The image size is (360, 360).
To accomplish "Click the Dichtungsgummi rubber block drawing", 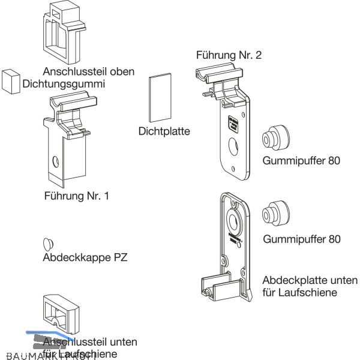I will [10, 81].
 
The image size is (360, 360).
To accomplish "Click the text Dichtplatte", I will [164, 130].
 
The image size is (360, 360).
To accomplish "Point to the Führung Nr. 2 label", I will [229, 55].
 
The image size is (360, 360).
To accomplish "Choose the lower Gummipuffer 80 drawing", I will [275, 213].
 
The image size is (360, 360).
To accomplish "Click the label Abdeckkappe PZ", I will [86, 259].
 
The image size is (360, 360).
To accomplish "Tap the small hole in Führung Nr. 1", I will [55, 161].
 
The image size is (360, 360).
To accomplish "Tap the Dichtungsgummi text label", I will [64, 84].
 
